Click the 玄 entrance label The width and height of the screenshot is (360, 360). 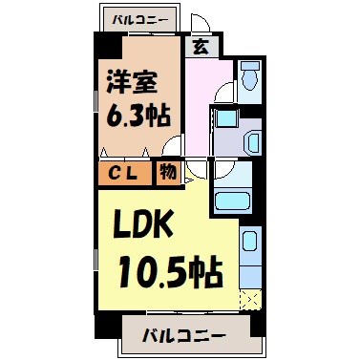point(201,44)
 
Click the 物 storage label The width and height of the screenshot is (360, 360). point(168,173)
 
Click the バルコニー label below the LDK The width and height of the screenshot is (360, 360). point(184,336)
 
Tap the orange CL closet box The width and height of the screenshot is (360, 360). point(122,173)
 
